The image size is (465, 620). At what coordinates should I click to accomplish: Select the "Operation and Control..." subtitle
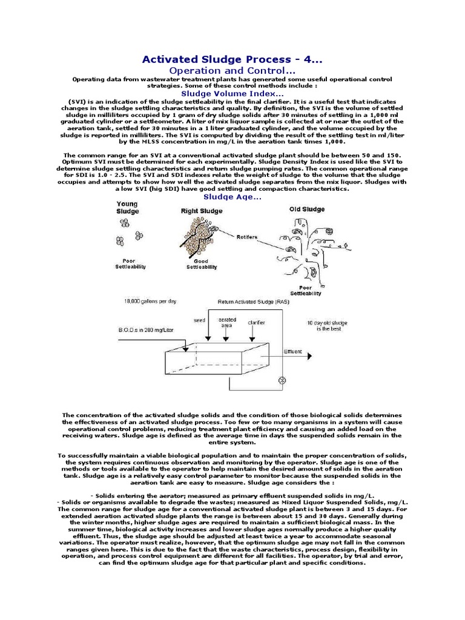(232, 71)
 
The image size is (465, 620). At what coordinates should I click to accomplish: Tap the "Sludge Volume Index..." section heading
(232, 94)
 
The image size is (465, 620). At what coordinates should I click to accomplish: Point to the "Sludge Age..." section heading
(232, 197)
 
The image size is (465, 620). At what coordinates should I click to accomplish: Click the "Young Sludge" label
(127, 208)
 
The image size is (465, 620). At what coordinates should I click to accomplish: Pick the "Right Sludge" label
(202, 211)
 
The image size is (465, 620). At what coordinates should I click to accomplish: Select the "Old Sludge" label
(306, 209)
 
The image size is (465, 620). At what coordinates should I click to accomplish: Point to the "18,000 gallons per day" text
(149, 301)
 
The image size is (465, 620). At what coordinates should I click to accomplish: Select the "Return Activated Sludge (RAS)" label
(248, 301)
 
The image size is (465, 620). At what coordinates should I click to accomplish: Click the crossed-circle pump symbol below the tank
(281, 380)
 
